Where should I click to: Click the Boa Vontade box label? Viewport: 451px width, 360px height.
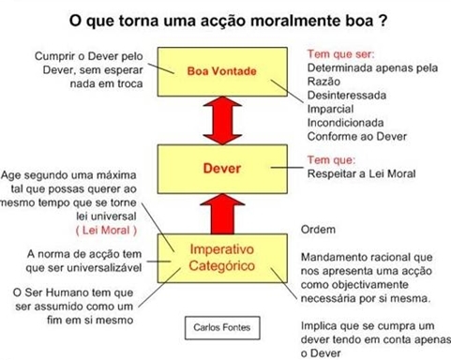click(x=222, y=71)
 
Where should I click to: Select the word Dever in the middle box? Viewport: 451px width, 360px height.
click(x=222, y=169)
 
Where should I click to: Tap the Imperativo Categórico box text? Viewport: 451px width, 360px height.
click(x=222, y=258)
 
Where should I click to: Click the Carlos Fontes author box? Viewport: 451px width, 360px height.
click(x=222, y=327)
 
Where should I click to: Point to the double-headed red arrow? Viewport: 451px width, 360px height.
click(x=222, y=120)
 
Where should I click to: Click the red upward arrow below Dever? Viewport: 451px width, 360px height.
click(x=222, y=214)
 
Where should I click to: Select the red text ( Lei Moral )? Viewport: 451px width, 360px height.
click(x=106, y=231)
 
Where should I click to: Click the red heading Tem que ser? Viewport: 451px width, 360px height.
click(x=340, y=54)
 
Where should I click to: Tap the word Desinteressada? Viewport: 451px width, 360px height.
click(x=347, y=95)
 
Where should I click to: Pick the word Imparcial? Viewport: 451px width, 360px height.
click(x=330, y=109)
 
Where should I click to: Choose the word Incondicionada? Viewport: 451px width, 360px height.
click(x=345, y=123)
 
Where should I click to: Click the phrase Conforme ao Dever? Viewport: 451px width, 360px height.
click(x=357, y=136)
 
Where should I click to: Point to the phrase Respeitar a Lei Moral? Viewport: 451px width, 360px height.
click(x=361, y=173)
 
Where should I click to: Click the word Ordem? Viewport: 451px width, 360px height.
click(x=318, y=230)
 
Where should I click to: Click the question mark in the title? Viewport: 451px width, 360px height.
click(x=383, y=21)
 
